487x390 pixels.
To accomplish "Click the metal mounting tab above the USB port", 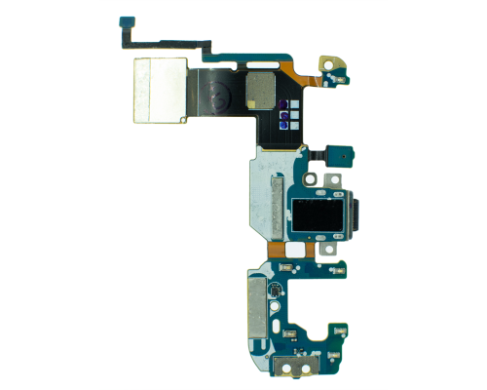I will [331, 180].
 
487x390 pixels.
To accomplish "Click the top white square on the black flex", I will [284, 104].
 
